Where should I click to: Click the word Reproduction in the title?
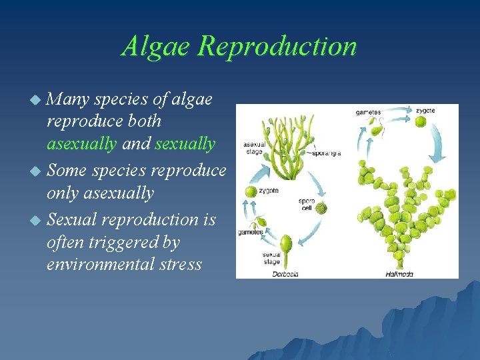[278, 46]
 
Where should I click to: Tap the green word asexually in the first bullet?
[81, 144]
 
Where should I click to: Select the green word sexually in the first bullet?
[185, 144]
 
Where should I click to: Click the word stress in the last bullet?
[177, 265]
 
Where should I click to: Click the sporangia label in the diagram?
[327, 153]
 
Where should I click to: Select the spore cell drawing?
[321, 207]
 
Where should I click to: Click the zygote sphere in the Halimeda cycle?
[421, 122]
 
